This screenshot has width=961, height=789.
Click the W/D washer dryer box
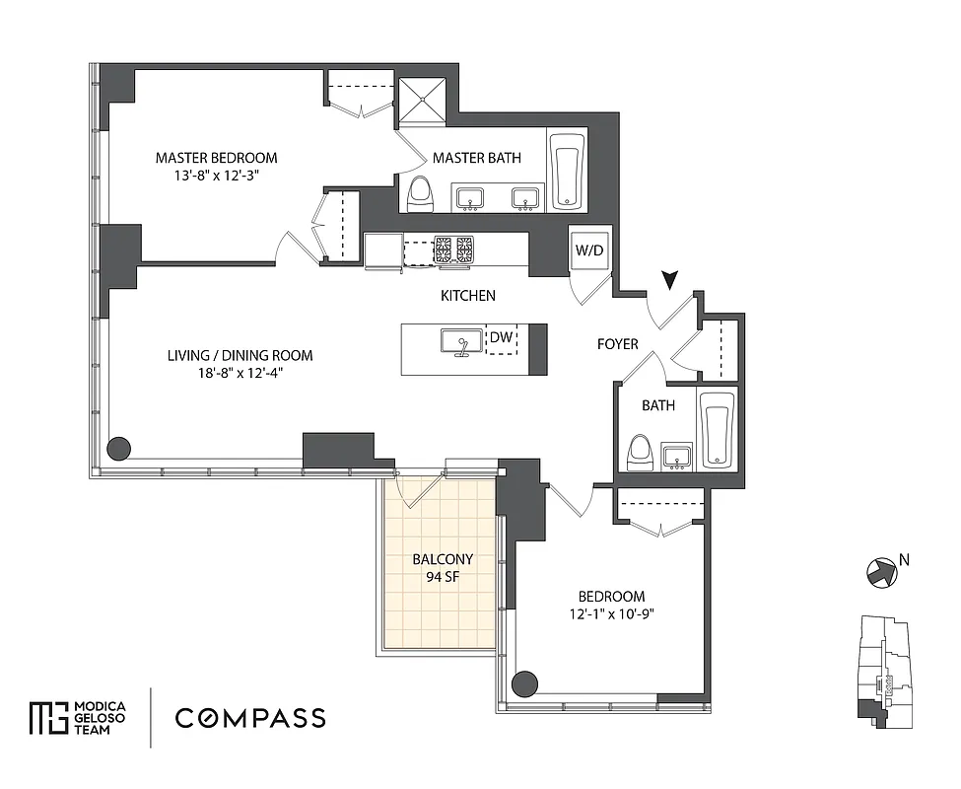[x=590, y=251]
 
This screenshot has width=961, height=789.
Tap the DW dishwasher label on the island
[x=502, y=337]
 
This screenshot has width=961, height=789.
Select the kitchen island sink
[x=459, y=344]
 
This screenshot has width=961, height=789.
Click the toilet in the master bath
[x=421, y=193]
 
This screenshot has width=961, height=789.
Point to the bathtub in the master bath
[x=567, y=171]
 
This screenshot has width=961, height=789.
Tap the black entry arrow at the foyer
[x=672, y=282]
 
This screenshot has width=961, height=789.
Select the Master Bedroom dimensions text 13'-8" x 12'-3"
[x=216, y=175]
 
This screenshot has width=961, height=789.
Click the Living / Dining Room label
[x=240, y=355]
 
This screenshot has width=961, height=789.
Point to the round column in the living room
[x=118, y=449]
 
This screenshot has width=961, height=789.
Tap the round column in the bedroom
[x=526, y=682]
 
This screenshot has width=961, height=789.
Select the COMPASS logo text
[x=250, y=718]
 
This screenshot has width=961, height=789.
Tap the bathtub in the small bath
[x=717, y=430]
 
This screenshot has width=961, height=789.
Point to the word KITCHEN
[x=468, y=296]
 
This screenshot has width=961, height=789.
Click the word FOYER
[x=618, y=344]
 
